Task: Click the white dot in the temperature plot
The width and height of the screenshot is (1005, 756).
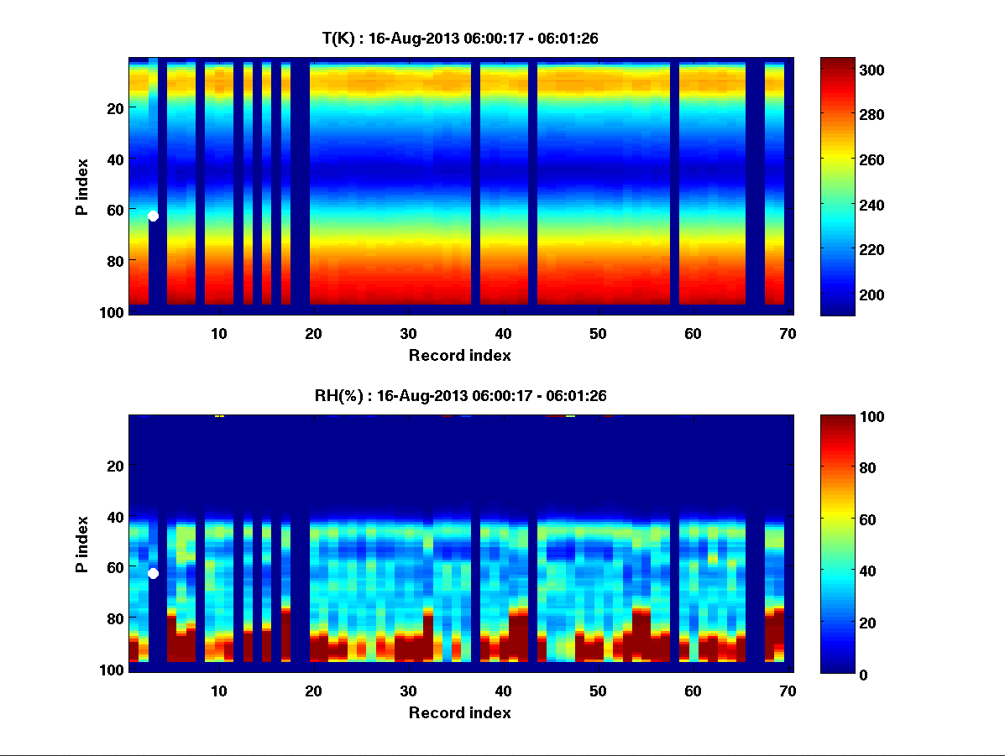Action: click(x=153, y=216)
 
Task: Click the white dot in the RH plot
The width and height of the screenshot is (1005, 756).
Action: click(x=153, y=573)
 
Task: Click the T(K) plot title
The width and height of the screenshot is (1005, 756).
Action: click(x=460, y=38)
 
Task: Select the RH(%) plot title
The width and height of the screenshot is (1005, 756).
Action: click(x=460, y=395)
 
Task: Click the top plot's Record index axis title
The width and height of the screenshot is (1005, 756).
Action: click(x=460, y=355)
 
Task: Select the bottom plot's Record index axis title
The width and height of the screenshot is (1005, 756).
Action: click(x=460, y=712)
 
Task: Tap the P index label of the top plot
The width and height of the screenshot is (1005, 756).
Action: click(x=82, y=186)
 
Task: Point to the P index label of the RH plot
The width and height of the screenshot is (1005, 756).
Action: click(x=82, y=544)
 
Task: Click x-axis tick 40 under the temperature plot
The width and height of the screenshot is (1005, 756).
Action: click(x=503, y=333)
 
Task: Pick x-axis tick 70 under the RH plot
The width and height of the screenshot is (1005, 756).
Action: click(x=788, y=691)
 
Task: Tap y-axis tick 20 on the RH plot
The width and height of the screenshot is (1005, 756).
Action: click(x=116, y=466)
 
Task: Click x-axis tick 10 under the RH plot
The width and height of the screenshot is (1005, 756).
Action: click(x=218, y=691)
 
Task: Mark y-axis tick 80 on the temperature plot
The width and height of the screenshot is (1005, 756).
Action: click(x=116, y=261)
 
